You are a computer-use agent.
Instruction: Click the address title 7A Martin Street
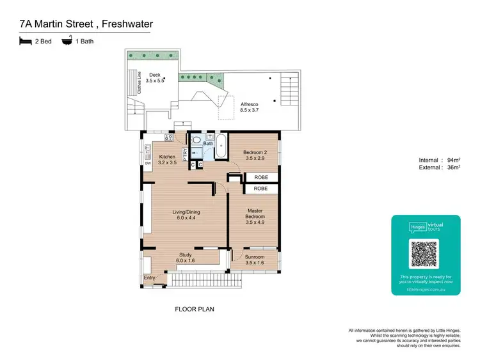point(86,24)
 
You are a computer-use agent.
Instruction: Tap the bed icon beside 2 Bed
point(26,41)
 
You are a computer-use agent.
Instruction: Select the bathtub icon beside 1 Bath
point(67,41)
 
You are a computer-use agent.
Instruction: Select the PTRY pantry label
point(185,155)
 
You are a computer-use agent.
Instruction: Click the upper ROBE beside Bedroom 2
point(260,176)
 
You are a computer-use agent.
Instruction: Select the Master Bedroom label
point(255,214)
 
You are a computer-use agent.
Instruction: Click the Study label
point(186,258)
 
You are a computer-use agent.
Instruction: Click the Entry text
point(150,278)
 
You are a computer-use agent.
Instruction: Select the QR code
point(425,253)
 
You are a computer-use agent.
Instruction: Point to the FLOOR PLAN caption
point(195,309)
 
